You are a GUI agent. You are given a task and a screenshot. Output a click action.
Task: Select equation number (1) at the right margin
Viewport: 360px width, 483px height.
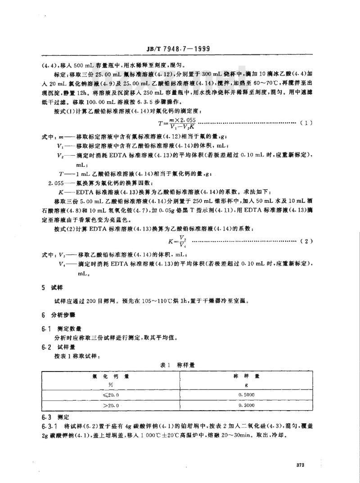click(307, 122)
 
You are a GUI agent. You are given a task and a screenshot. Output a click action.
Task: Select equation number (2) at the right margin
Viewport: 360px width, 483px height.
click(307, 242)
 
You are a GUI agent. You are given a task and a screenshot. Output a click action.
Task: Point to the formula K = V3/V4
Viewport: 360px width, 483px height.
click(175, 241)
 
